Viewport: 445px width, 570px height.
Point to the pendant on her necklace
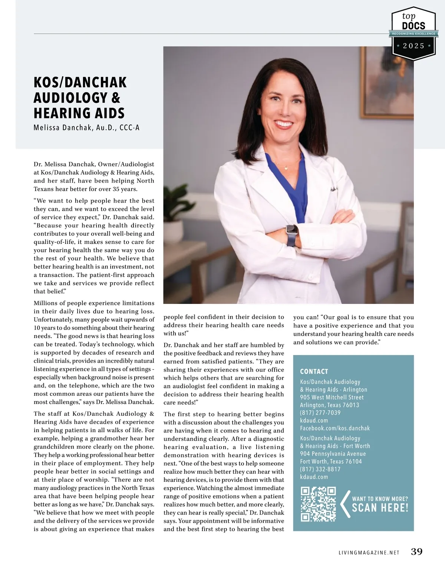[286, 168]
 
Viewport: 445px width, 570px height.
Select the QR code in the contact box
[318, 504]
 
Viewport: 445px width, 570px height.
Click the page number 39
[417, 551]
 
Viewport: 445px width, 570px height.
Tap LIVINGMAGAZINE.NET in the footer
[369, 553]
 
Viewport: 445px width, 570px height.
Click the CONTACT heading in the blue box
[314, 371]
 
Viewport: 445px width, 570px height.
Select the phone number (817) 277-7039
[320, 412]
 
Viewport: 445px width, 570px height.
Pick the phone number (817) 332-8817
[320, 469]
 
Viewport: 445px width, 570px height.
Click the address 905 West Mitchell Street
[332, 397]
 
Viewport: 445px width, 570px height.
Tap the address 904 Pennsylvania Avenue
[333, 454]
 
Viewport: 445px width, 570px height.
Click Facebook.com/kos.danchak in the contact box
[335, 428]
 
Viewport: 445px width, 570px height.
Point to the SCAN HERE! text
[380, 508]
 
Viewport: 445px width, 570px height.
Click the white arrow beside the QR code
[345, 504]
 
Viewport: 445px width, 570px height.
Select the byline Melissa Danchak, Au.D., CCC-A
[86, 128]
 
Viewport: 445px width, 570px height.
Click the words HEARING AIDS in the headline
[79, 113]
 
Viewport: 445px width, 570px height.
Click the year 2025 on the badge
[413, 46]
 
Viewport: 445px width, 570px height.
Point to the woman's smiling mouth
[284, 124]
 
